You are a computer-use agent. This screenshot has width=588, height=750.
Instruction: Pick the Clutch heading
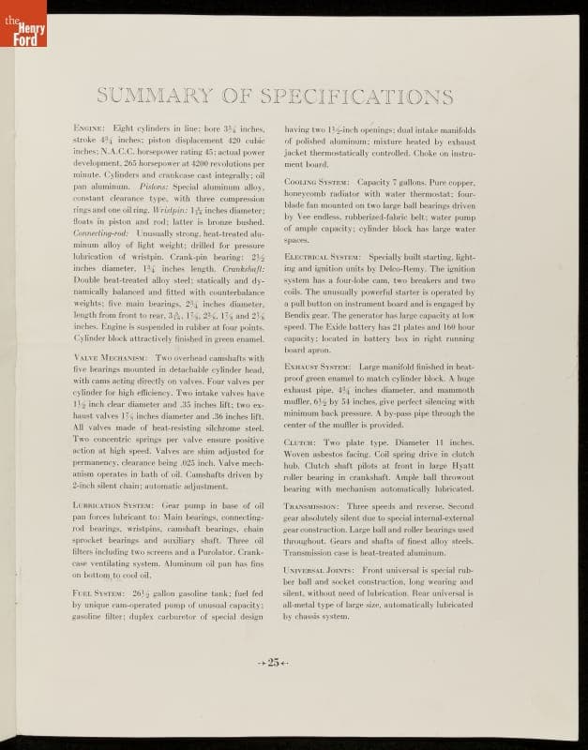tap(300, 441)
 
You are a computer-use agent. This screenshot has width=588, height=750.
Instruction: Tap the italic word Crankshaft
tap(243, 268)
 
